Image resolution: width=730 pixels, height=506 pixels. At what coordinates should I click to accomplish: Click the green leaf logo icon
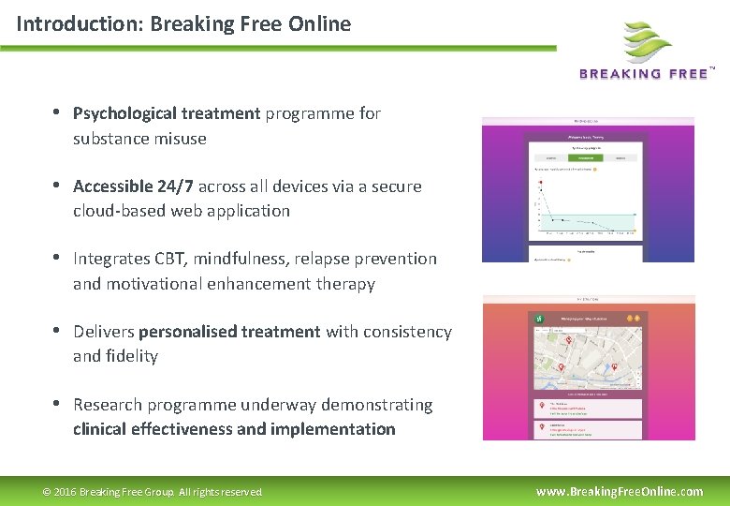(648, 42)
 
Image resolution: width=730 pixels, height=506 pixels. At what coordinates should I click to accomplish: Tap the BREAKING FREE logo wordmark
(644, 74)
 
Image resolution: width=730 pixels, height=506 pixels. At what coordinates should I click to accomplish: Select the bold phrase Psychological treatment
(167, 113)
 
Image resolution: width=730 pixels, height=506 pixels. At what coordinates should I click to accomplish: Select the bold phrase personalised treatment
(229, 332)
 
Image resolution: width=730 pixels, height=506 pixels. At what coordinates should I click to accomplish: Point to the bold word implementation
(333, 429)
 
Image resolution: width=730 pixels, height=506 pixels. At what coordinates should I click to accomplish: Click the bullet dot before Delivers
(57, 331)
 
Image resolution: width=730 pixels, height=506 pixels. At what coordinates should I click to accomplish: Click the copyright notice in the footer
(153, 492)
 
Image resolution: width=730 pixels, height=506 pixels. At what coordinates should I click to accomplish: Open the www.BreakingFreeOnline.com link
(619, 491)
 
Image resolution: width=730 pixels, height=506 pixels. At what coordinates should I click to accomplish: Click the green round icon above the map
(540, 319)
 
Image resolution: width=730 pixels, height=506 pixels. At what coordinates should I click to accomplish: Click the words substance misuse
(139, 139)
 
